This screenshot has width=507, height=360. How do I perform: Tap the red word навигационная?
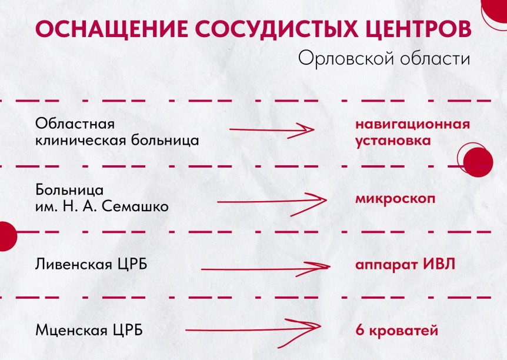coord(412,125)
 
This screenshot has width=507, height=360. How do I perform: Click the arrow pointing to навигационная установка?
coord(274,130)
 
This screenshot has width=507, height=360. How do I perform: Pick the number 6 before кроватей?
coord(359,330)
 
